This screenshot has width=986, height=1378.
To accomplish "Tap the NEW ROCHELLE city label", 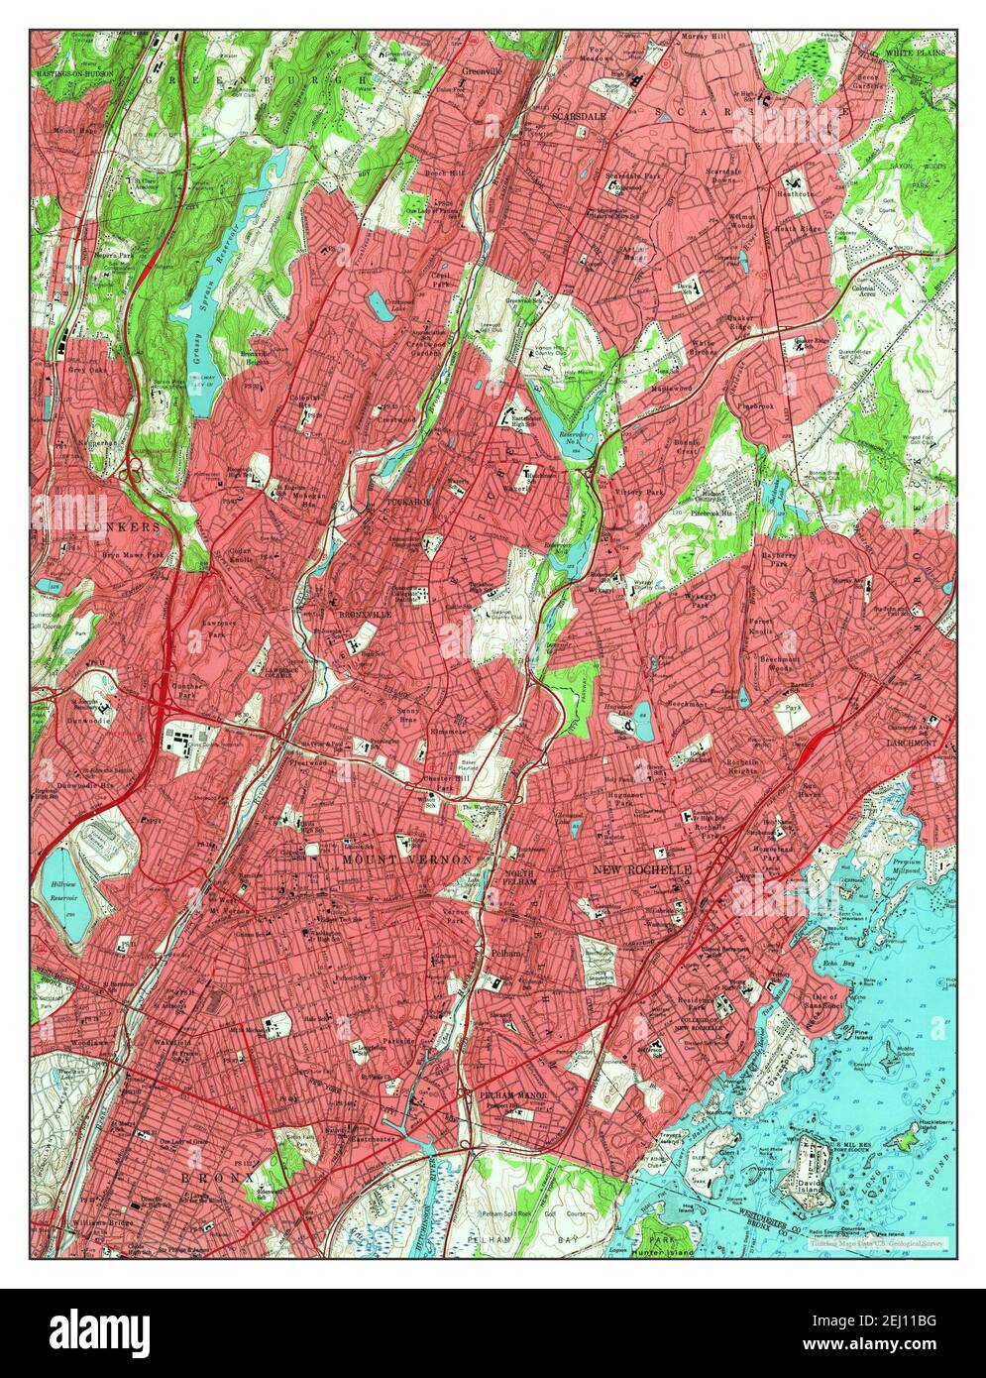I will pos(641,869).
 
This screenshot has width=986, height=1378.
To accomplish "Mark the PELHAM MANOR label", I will pos(512,1094).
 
